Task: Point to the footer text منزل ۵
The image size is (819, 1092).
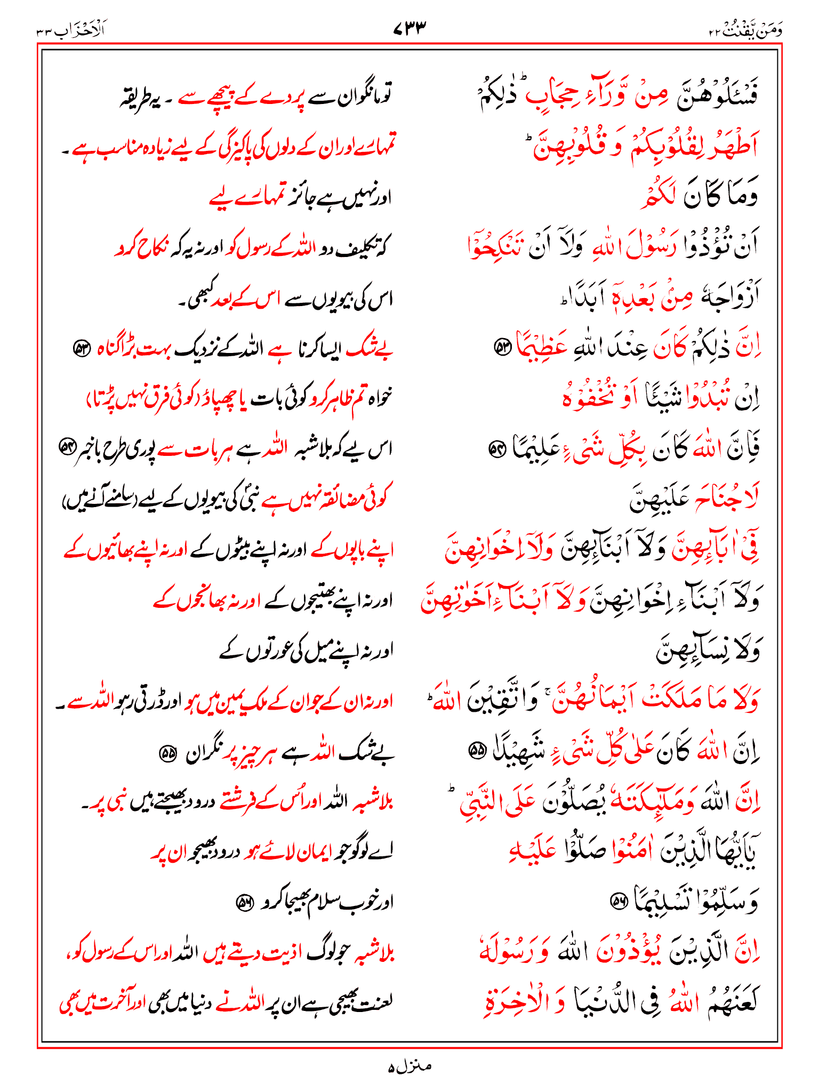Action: click(x=409, y=1066)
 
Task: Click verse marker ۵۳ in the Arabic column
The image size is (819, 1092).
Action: click(x=503, y=348)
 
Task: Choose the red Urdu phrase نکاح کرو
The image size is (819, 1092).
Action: click(x=141, y=247)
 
